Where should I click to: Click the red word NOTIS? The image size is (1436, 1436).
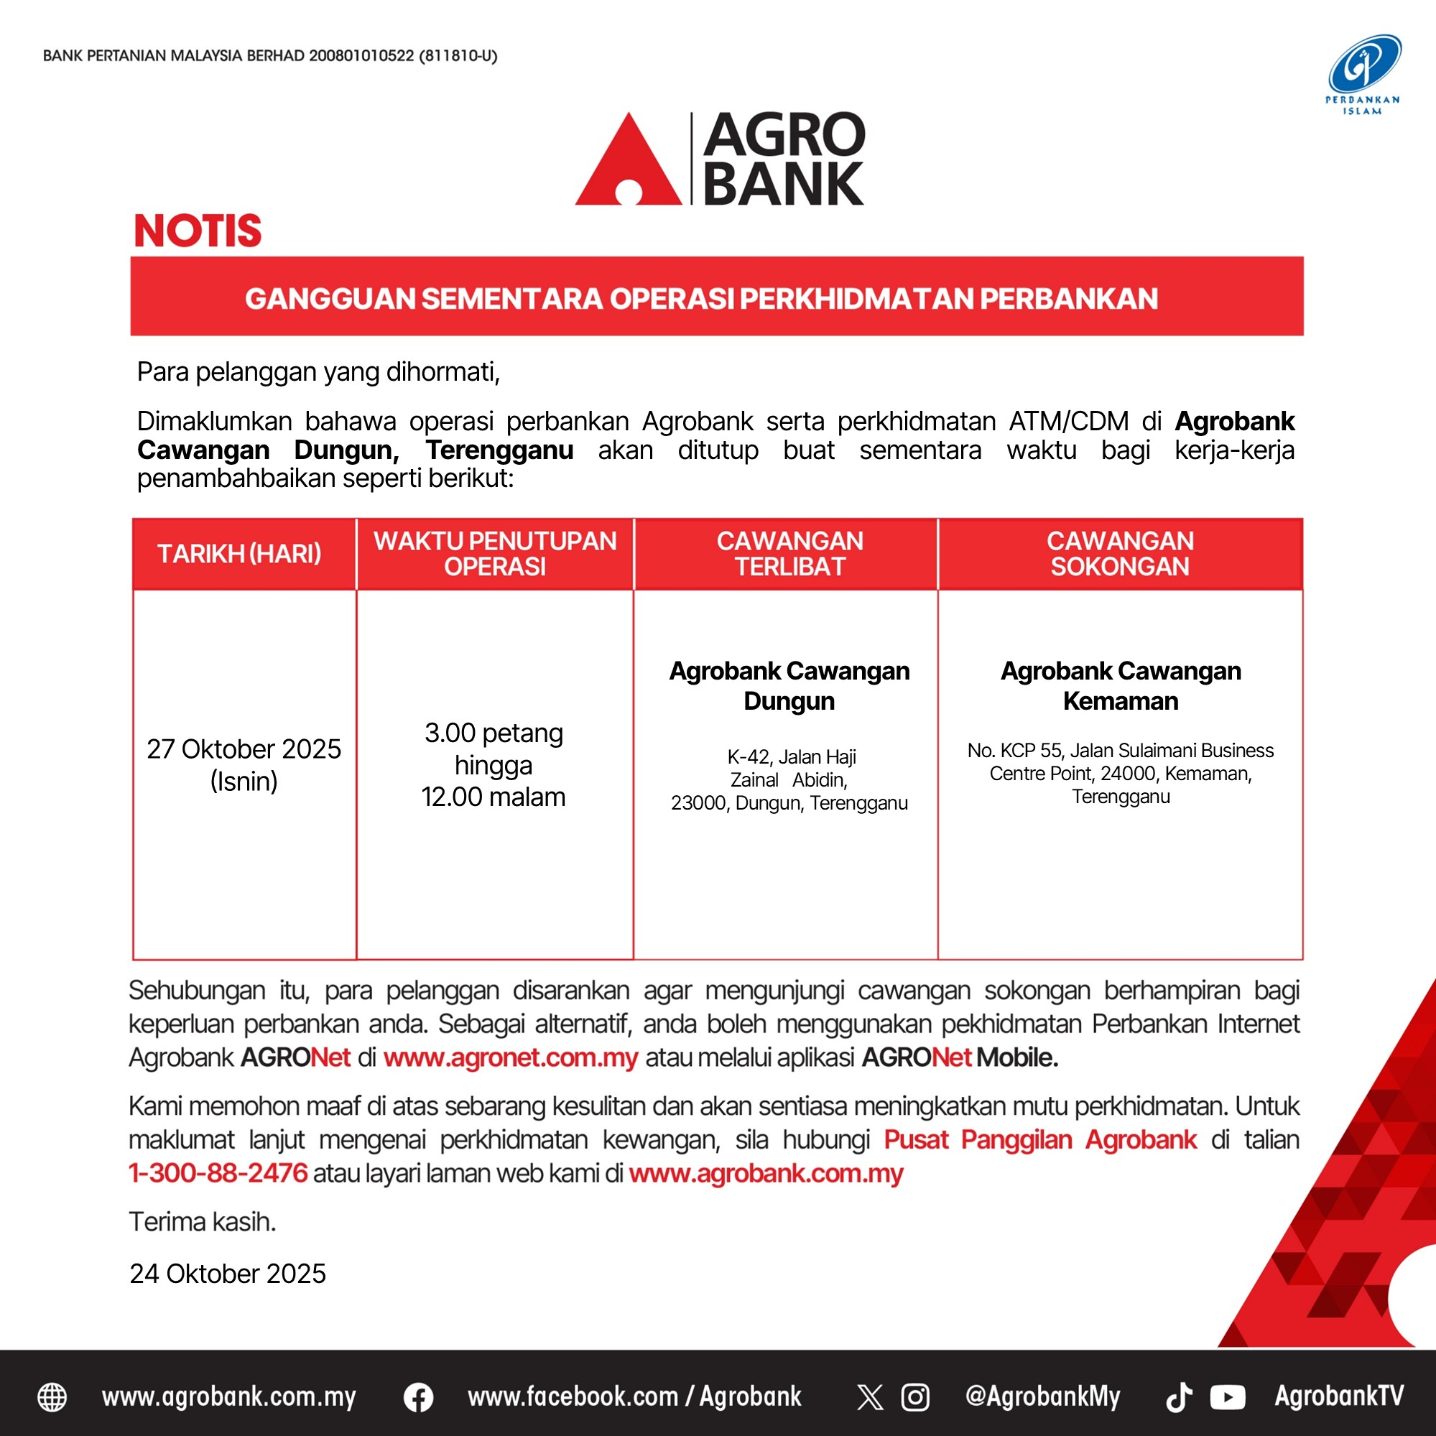click(x=198, y=231)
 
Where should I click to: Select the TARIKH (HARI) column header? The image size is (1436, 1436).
click(x=239, y=554)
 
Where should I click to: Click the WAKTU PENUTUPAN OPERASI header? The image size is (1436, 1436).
click(x=495, y=554)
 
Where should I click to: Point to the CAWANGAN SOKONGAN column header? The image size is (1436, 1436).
click(x=1120, y=554)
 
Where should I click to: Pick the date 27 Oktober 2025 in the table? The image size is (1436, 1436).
click(x=244, y=749)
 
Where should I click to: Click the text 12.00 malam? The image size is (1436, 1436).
click(x=494, y=797)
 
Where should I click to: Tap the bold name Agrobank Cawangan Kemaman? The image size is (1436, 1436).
click(x=1121, y=685)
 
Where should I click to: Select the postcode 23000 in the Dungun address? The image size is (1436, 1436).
click(x=700, y=803)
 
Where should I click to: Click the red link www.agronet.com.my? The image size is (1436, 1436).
click(x=511, y=1057)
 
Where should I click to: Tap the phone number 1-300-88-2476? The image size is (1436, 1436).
click(x=218, y=1173)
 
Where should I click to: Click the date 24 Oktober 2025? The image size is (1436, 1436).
click(x=228, y=1273)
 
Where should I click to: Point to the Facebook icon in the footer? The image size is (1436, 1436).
click(x=419, y=1397)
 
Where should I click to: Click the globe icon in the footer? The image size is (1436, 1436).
click(x=52, y=1397)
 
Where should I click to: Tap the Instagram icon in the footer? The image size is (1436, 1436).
click(x=915, y=1397)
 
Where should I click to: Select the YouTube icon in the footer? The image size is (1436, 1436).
click(x=1227, y=1397)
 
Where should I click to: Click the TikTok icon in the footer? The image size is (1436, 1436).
click(x=1179, y=1397)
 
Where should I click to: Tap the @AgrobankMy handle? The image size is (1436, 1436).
click(x=1042, y=1397)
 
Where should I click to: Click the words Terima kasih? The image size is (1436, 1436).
click(x=202, y=1222)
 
